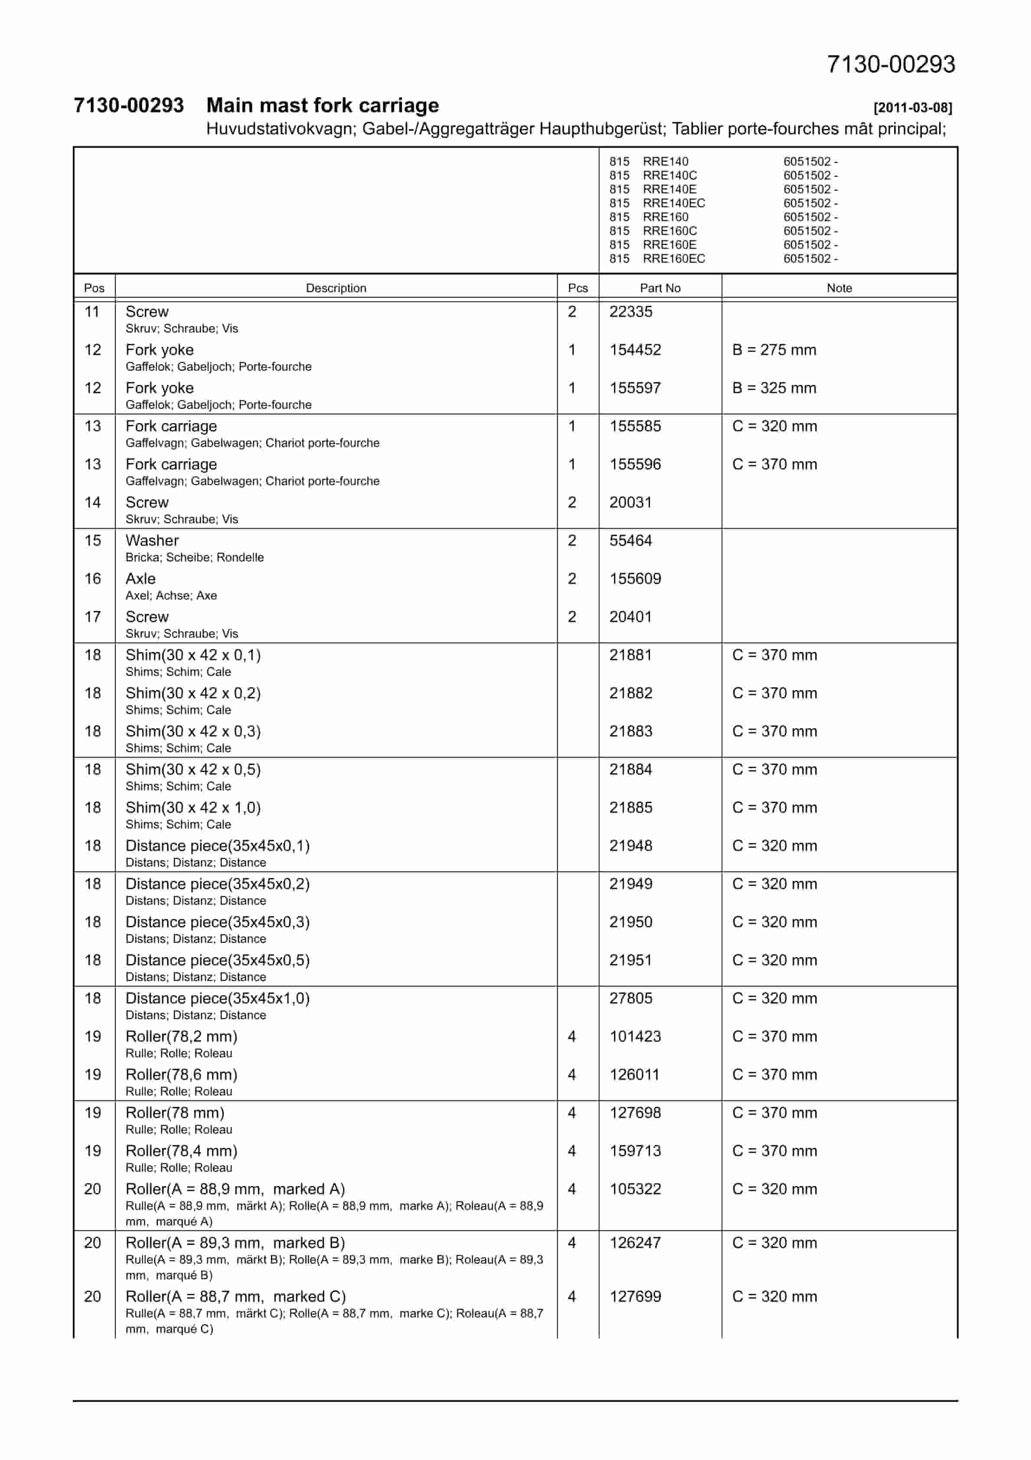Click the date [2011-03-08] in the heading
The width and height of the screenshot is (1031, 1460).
coord(912,108)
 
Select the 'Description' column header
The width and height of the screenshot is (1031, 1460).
coord(336,288)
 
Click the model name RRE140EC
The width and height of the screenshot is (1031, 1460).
coord(673,203)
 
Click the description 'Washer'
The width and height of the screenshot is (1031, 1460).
coord(152,541)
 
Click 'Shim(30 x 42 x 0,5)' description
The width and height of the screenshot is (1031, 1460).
coord(193,769)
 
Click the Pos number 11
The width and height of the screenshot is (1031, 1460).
coord(92,312)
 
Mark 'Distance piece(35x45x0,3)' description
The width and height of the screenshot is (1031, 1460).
coord(217,922)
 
